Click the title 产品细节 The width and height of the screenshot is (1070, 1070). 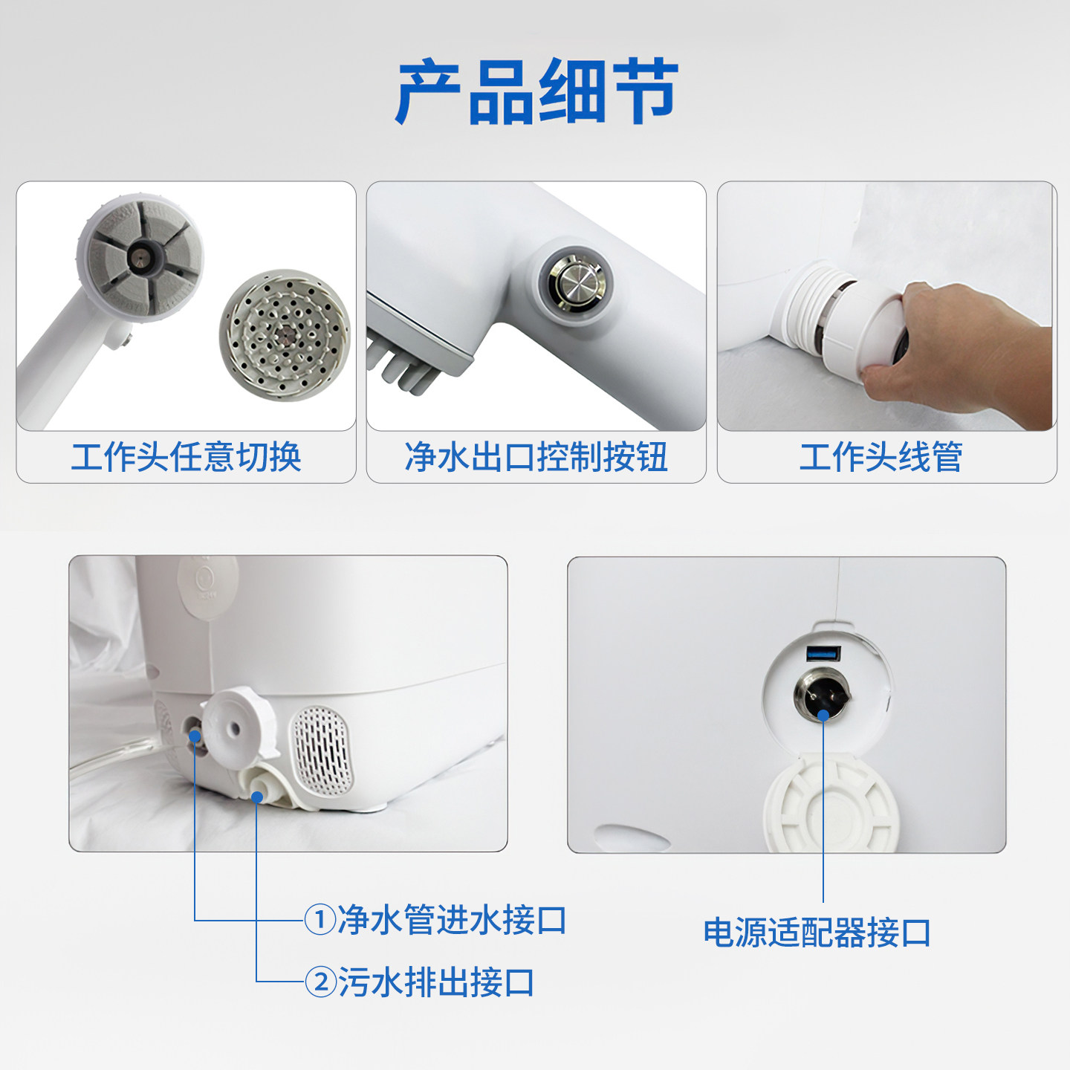pyautogui.click(x=536, y=92)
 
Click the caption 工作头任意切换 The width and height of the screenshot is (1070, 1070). pyautogui.click(x=186, y=456)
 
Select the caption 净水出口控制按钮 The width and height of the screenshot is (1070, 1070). pyautogui.click(x=536, y=456)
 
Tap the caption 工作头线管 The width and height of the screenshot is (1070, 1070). pyautogui.click(x=881, y=456)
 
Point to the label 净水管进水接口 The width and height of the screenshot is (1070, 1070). pyautogui.click(x=452, y=921)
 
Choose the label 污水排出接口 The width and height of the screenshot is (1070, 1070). pyautogui.click(x=437, y=982)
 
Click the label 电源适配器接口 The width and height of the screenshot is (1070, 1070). pyautogui.click(x=817, y=933)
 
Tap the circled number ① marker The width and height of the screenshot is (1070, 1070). pyautogui.click(x=320, y=921)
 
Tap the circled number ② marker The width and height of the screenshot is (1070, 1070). pyautogui.click(x=320, y=982)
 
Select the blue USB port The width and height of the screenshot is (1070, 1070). pyautogui.click(x=823, y=654)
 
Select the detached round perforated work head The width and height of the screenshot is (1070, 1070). pyautogui.click(x=285, y=334)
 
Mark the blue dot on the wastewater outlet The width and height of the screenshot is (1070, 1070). pyautogui.click(x=256, y=797)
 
